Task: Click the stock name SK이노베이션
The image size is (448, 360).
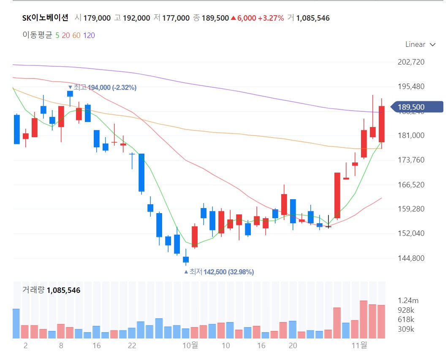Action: [45, 18]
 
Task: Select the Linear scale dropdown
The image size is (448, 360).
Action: [420, 44]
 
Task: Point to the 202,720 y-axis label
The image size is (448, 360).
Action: [411, 62]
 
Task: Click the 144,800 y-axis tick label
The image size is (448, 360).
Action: [411, 258]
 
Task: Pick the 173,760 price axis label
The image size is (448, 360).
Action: [411, 160]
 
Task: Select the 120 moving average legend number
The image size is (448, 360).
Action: [89, 35]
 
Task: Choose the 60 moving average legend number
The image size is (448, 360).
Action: [76, 35]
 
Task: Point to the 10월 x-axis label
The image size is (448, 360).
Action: [190, 345]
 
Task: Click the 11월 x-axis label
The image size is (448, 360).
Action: [360, 345]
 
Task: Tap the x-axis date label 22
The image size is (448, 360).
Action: [132, 345]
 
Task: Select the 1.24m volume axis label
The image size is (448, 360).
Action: [408, 300]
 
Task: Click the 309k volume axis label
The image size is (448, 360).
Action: [406, 329]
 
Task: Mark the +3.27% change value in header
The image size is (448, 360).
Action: [271, 18]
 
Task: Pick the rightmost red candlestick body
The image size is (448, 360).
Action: [381, 124]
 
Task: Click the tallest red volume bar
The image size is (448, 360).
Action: [364, 319]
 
